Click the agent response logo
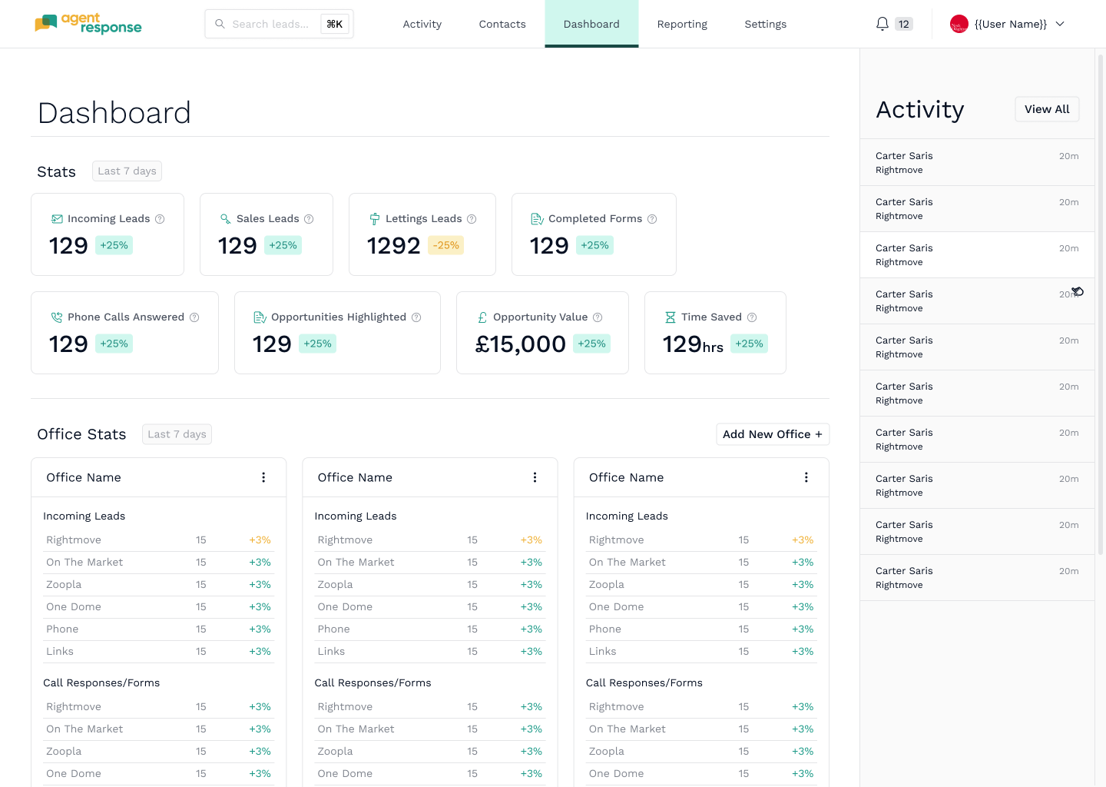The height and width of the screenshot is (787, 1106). (88, 24)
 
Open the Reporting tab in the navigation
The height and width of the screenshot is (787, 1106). (682, 24)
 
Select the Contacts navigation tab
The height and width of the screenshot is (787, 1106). (502, 24)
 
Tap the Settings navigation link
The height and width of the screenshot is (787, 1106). (765, 24)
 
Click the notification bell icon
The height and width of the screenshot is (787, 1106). (882, 24)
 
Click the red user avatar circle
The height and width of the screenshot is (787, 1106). (959, 24)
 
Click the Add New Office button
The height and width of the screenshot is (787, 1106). (773, 434)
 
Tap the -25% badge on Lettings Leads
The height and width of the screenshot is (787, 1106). (445, 245)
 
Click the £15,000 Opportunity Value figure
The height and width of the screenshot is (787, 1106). (521, 344)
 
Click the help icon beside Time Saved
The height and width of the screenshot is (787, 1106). (752, 317)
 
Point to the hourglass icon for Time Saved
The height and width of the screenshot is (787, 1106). (670, 317)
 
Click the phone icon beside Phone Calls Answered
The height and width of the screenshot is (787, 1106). (57, 317)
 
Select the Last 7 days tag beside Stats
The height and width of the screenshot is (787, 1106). (127, 171)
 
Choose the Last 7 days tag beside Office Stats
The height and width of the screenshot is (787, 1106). (177, 434)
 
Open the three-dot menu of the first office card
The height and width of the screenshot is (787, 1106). (263, 477)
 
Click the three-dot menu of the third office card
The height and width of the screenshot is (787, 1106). (806, 477)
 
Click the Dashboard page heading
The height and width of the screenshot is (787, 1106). (114, 113)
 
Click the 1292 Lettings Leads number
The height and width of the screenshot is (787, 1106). (393, 245)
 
